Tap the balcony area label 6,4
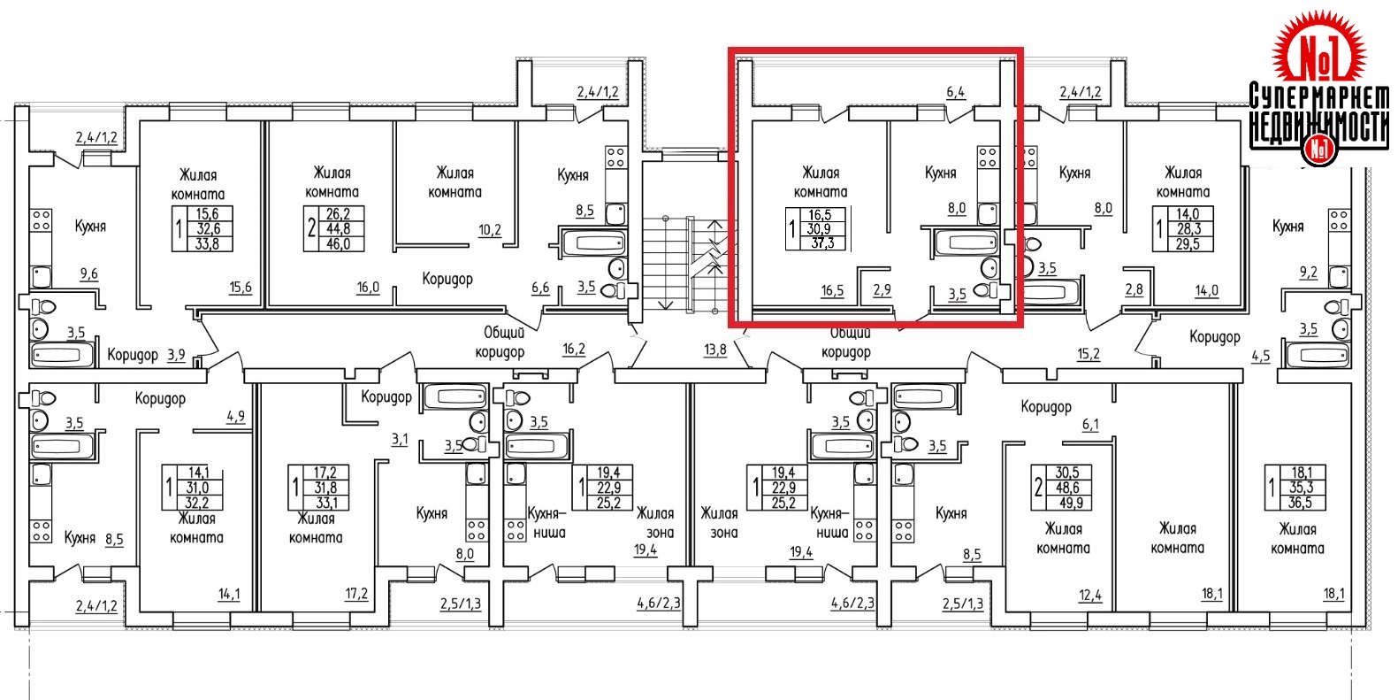point(955,90)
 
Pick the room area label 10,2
point(491,230)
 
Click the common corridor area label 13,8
point(714,350)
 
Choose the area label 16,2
point(574,349)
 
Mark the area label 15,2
point(1088,354)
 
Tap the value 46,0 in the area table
point(340,242)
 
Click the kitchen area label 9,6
point(88,274)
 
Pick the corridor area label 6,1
point(1090,425)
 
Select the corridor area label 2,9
point(882,289)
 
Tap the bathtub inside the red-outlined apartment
point(965,241)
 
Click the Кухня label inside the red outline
point(940,173)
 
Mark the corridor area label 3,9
point(176,355)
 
